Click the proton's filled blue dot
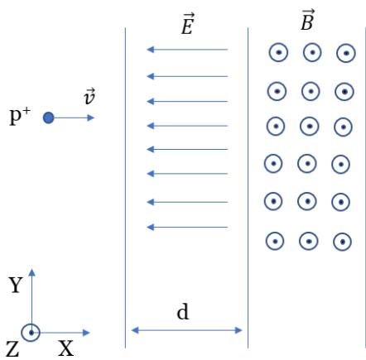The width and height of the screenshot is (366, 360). pyautogui.click(x=48, y=118)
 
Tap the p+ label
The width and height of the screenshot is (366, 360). pyautogui.click(x=20, y=116)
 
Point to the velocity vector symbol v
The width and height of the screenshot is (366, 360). pyautogui.click(x=89, y=97)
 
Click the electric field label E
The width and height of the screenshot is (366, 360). pyautogui.click(x=187, y=24)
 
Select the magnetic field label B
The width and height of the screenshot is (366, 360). pyautogui.click(x=307, y=20)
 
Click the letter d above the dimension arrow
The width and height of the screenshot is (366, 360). pyautogui.click(x=183, y=312)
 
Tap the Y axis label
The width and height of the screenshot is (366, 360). pyautogui.click(x=15, y=285)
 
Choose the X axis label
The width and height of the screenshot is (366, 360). pyautogui.click(x=65, y=348)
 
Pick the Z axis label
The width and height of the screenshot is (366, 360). pyautogui.click(x=12, y=349)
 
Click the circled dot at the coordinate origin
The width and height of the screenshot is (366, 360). pyautogui.click(x=31, y=333)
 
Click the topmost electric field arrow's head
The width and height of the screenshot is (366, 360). pyautogui.click(x=150, y=50)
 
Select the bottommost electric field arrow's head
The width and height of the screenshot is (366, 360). pyautogui.click(x=150, y=228)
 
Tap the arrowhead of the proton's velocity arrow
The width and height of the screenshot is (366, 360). pyautogui.click(x=91, y=118)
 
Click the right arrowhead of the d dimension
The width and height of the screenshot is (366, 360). pyautogui.click(x=238, y=330)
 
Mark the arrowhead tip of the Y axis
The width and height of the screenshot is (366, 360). pyautogui.click(x=32, y=269)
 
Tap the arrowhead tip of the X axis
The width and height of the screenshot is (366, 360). pyautogui.click(x=90, y=333)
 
